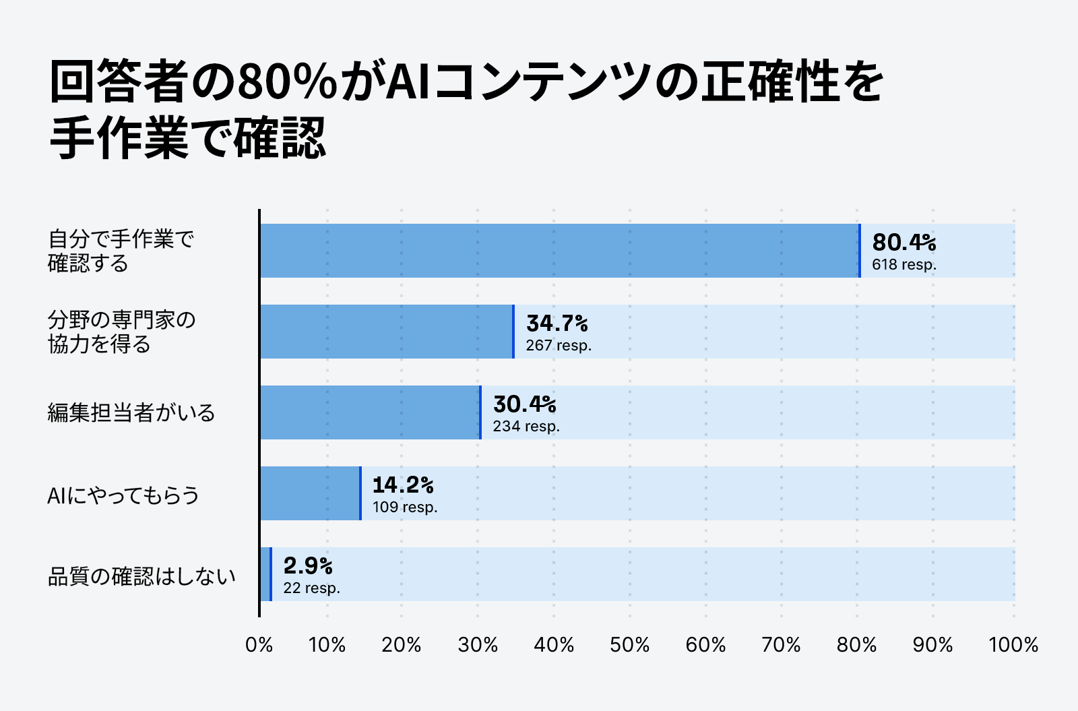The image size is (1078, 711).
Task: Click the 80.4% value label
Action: click(903, 243)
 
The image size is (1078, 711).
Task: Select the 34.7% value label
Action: click(557, 323)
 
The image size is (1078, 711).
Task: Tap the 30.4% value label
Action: click(524, 404)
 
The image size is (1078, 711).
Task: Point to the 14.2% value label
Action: click(403, 485)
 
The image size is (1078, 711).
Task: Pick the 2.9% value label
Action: click(308, 565)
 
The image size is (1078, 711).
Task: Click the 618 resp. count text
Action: click(903, 265)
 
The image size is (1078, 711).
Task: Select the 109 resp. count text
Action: click(405, 507)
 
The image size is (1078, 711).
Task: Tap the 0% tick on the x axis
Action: click(259, 646)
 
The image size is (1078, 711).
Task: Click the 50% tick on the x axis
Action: click(629, 646)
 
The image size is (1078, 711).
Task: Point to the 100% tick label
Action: click(1013, 646)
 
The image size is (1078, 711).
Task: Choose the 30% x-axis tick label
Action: click(478, 646)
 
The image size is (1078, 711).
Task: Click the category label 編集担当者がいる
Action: click(131, 412)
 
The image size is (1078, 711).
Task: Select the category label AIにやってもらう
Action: click(123, 496)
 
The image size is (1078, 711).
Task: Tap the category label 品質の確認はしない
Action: click(141, 577)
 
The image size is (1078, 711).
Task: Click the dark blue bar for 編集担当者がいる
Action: click(370, 412)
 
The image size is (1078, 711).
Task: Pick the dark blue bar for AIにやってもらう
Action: click(310, 493)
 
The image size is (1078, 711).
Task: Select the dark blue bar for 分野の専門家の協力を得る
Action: click(386, 332)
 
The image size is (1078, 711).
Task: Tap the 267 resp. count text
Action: click(559, 346)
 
